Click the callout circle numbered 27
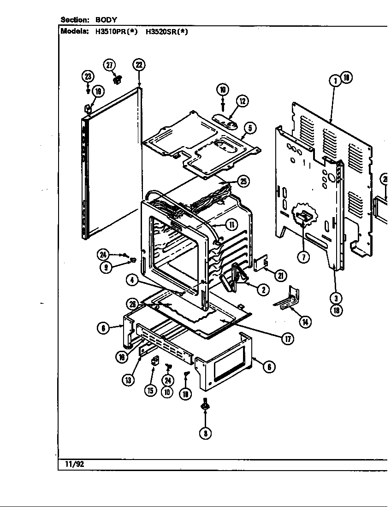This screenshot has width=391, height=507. pyautogui.click(x=109, y=65)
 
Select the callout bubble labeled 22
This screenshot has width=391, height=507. pyautogui.click(x=139, y=65)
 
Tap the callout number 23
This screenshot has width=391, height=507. pyautogui.click(x=88, y=77)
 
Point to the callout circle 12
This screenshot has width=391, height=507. pyautogui.click(x=243, y=101)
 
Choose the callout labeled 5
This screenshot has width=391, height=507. pyautogui.click(x=251, y=128)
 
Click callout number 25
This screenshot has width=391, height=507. pyautogui.click(x=243, y=181)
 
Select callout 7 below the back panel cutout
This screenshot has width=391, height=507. pyautogui.click(x=303, y=257)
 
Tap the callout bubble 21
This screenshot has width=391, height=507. pyautogui.click(x=280, y=276)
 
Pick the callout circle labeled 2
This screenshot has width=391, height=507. pyautogui.click(x=262, y=289)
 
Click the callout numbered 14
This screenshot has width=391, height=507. pyautogui.click(x=305, y=322)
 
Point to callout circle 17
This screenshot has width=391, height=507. pyautogui.click(x=288, y=339)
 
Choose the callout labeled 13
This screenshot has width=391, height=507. pyautogui.click(x=128, y=379)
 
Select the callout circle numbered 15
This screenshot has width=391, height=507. pyautogui.click(x=150, y=390)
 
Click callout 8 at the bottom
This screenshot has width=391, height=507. pyautogui.click(x=206, y=433)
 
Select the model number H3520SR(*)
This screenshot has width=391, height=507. pyautogui.click(x=167, y=32)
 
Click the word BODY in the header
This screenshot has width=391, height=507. pyautogui.click(x=106, y=20)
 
